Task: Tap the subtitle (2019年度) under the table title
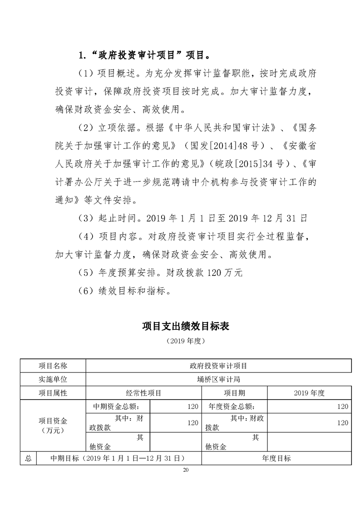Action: [185, 341]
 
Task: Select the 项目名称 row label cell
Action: [53, 366]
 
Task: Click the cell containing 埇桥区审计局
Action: [218, 379]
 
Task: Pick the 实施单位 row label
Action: [53, 379]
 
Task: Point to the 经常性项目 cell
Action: [143, 393]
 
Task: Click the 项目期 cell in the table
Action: [234, 393]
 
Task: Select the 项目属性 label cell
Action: [53, 393]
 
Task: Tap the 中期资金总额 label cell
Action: [117, 406]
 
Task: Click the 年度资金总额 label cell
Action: [234, 406]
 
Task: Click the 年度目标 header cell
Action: [276, 458]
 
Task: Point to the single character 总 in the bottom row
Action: [28, 458]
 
